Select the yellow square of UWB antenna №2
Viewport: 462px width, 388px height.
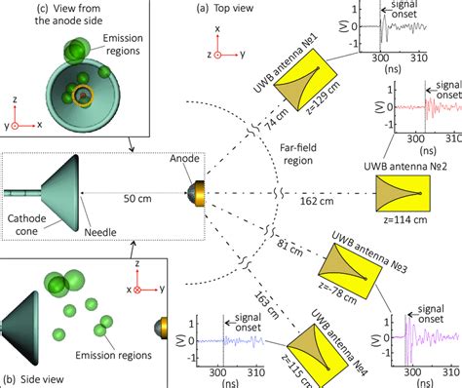[x=400, y=198]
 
